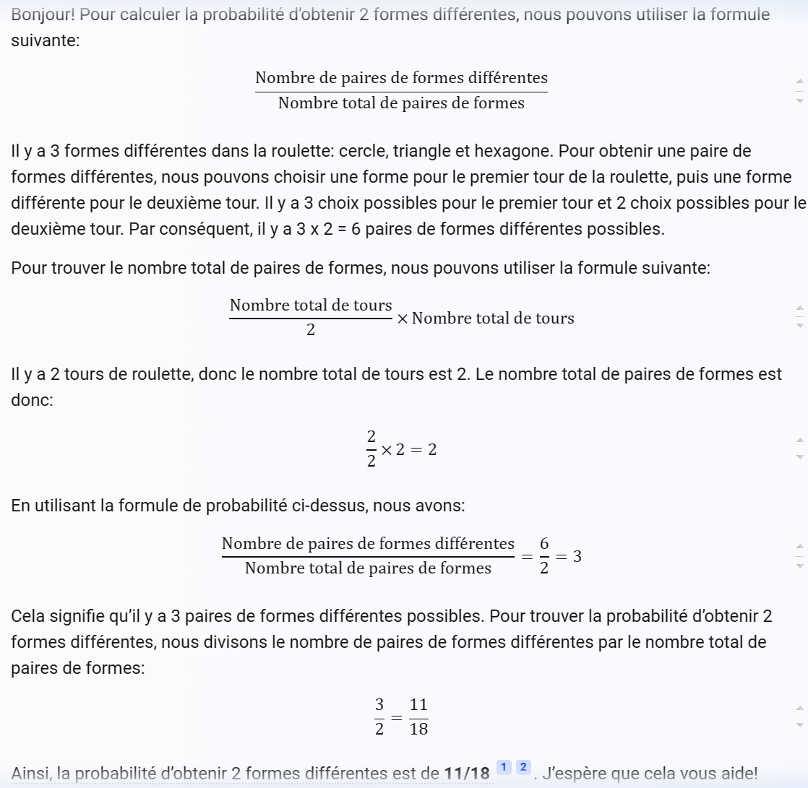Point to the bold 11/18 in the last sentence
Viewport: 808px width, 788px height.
[466, 774]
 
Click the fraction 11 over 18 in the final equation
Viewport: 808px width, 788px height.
[418, 716]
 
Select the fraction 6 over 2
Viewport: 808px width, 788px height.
[544, 556]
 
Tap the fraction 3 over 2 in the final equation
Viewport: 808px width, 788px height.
[379, 716]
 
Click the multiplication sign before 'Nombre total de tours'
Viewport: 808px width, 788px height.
[402, 319]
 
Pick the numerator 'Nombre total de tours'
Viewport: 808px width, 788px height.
[311, 306]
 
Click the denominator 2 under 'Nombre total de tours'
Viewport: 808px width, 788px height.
[311, 331]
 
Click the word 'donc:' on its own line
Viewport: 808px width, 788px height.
[32, 400]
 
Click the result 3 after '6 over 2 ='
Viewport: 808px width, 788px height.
[577, 556]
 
